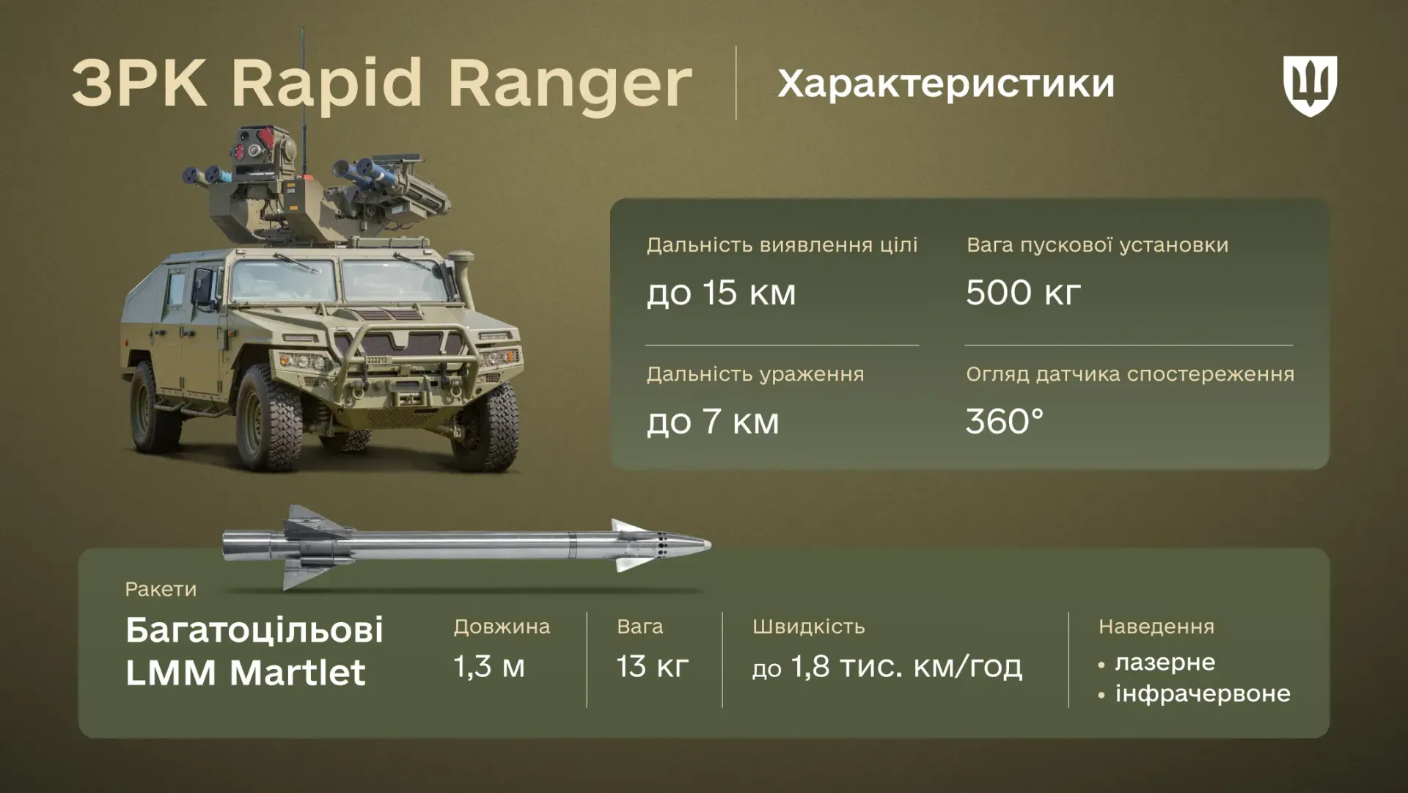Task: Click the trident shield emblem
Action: click(1310, 84)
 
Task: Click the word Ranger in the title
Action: click(570, 82)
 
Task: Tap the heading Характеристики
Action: click(945, 84)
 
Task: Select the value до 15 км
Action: click(720, 293)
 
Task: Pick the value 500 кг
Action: click(1022, 293)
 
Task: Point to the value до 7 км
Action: click(712, 422)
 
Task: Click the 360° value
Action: click(1004, 422)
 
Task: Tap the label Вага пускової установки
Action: click(1096, 245)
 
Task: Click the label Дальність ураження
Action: click(755, 374)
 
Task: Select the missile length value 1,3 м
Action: click(489, 667)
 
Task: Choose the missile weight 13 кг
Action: click(652, 667)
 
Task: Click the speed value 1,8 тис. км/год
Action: click(905, 668)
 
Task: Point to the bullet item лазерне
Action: click(1165, 662)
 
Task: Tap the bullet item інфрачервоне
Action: click(1202, 693)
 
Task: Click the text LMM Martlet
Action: click(245, 673)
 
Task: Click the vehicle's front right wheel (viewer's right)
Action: click(483, 427)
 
